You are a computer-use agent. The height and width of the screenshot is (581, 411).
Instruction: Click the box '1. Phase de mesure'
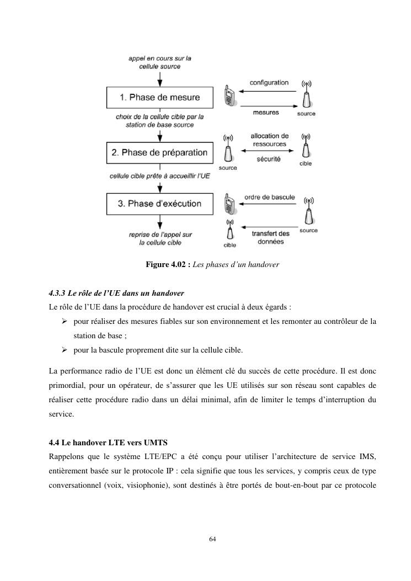159,98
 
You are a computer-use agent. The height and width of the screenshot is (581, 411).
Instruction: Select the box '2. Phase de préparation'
159,152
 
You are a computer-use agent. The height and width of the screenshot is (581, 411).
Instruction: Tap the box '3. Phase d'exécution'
159,204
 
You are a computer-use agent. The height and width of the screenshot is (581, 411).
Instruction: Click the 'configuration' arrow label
269,83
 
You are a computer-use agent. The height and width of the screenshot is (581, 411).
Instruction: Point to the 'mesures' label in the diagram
266,113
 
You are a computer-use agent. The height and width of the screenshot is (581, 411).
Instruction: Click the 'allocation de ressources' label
269,140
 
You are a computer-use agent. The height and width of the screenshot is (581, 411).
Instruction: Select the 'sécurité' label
269,159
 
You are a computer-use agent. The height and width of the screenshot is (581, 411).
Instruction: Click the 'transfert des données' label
270,237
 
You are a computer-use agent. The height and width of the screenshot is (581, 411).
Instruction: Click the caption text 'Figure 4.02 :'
168,265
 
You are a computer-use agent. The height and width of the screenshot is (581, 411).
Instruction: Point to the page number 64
212,539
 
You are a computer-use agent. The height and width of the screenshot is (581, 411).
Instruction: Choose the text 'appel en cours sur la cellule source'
159,62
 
